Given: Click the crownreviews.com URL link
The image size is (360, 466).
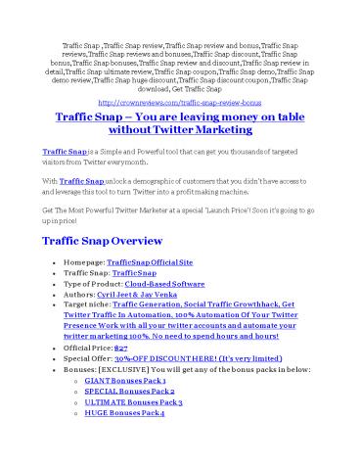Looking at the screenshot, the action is [x=180, y=100].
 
